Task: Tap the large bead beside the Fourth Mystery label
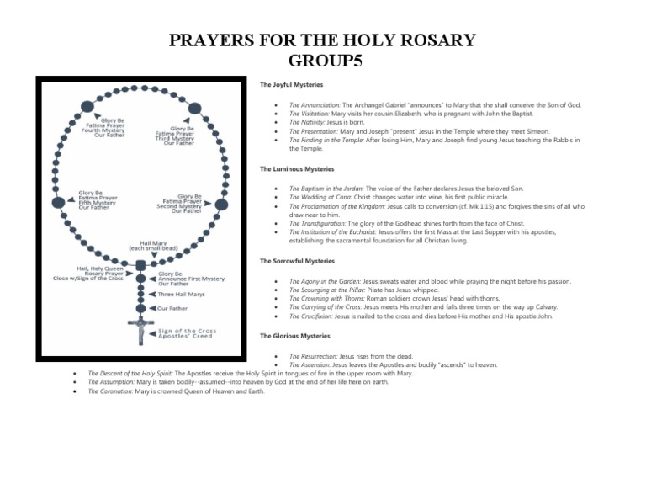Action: click(x=87, y=107)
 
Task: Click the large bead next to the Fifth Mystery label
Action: click(x=58, y=203)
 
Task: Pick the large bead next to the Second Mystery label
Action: click(x=220, y=204)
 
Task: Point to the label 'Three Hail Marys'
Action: click(x=182, y=295)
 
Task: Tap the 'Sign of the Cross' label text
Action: click(x=188, y=331)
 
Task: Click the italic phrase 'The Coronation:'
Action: click(x=110, y=391)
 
